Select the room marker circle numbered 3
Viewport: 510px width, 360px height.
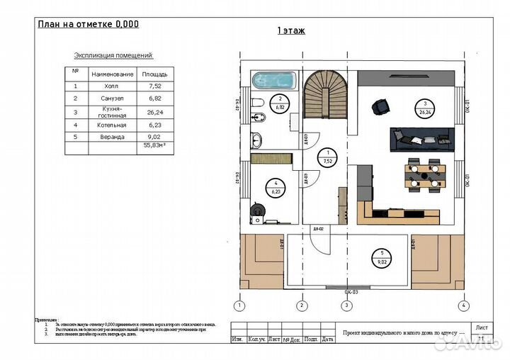[x=426, y=108]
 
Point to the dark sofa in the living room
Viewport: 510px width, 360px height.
[x=420, y=137]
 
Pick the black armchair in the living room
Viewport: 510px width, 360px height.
[x=381, y=106]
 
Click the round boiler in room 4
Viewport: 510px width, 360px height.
[x=259, y=210]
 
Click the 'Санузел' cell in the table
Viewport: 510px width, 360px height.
[x=112, y=99]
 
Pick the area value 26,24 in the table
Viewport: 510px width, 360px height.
[x=154, y=111]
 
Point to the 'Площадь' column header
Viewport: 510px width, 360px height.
[x=154, y=74]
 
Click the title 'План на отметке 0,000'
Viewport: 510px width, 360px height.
[x=88, y=23]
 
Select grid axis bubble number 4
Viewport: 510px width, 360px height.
[x=463, y=305]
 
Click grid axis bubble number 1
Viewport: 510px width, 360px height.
[x=240, y=305]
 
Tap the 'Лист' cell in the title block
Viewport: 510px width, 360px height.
[x=482, y=327]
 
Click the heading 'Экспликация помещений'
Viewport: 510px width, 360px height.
[x=113, y=55]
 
